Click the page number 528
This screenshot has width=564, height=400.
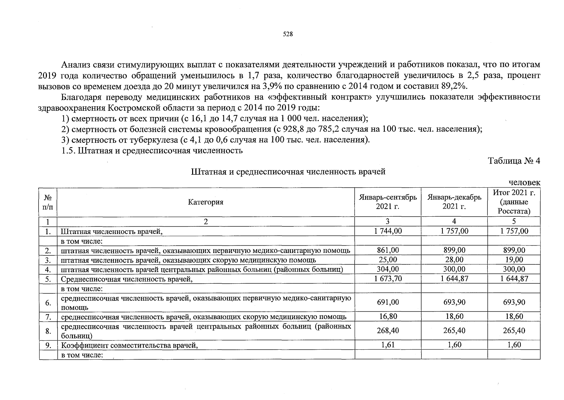pos(288,34)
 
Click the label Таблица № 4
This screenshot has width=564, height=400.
pos(514,161)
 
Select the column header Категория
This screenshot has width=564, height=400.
pos(205,202)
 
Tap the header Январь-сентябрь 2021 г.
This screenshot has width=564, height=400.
pos(388,202)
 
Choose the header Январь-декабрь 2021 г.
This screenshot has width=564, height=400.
pos(454,202)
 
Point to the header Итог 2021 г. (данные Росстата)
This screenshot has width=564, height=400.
pos(514,202)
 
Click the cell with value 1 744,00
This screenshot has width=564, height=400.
pos(388,231)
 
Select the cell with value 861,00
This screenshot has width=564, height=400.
pos(388,250)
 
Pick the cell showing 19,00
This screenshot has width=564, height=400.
pos(514,260)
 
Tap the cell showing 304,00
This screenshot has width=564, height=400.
pos(388,269)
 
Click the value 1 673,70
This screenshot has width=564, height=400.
pos(388,279)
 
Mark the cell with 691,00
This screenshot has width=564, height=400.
pos(388,302)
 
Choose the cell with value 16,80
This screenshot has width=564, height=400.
pos(388,316)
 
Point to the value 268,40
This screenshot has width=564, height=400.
pos(388,331)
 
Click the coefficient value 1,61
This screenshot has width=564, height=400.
pos(388,345)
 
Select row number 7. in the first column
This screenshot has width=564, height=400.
pos(48,316)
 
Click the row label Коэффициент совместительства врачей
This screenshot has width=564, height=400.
pos(129,345)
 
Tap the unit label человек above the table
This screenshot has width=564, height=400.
pos(524,183)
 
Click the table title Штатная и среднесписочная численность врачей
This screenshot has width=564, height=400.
pos(288,172)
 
